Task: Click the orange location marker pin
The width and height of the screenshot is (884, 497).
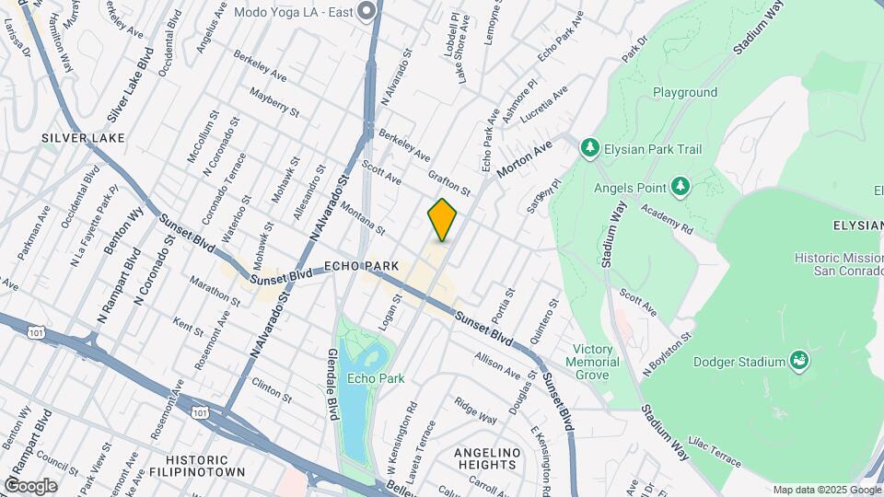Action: pos(442,219)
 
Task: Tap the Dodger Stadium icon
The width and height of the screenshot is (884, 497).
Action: pos(799,362)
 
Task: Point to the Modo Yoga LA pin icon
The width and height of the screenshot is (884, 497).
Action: pos(367,11)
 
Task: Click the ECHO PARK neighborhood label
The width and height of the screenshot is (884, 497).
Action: pos(362,266)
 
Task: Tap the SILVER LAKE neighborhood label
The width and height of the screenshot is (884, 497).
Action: pos(82,138)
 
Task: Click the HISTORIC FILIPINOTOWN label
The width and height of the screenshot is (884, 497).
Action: pos(204,466)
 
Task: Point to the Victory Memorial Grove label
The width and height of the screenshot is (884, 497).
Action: pos(592,362)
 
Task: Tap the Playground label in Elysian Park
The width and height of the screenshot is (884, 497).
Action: pos(685,93)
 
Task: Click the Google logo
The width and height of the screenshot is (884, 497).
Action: pos(30,485)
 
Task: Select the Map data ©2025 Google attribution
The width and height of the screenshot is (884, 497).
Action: pos(826,490)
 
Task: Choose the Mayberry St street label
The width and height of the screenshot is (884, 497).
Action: pos(274,101)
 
